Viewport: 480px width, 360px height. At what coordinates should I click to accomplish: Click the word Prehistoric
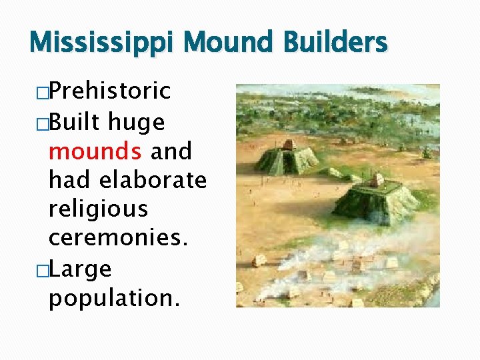110,91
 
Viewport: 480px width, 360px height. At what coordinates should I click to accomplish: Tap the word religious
98,209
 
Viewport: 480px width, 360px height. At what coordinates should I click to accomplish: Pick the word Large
80,269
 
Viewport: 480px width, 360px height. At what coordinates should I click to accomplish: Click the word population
114,298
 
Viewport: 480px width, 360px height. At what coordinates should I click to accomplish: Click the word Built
74,122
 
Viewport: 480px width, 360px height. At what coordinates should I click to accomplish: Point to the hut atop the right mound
377,180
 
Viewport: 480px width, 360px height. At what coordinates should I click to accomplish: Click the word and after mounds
171,151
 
